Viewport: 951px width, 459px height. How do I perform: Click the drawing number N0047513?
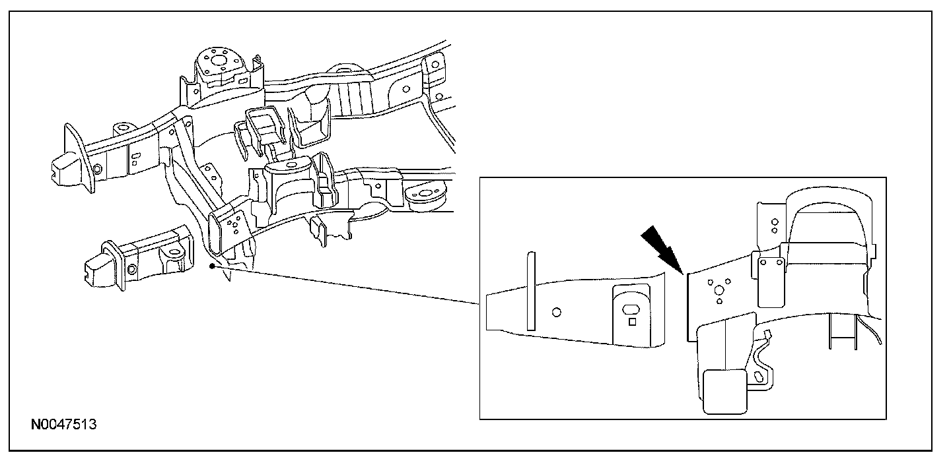(64, 423)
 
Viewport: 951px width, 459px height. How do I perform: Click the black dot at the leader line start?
(211, 266)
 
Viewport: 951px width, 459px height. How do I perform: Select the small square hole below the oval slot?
(632, 322)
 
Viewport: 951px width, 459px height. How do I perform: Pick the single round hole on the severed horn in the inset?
(556, 311)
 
